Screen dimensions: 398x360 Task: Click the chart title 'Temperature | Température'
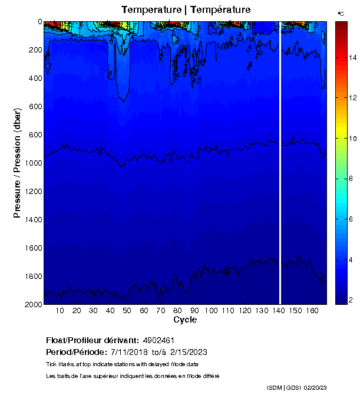point(186,10)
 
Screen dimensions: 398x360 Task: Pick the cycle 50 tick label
point(127,311)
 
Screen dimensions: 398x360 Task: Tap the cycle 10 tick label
point(60,311)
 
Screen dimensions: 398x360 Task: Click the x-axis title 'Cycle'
point(185,320)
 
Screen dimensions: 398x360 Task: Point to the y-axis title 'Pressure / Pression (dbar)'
point(18,163)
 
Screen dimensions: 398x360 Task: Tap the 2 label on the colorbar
point(350,300)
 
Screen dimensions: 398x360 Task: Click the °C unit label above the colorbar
point(341,13)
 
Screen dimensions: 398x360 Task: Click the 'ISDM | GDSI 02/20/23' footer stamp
point(296,387)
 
